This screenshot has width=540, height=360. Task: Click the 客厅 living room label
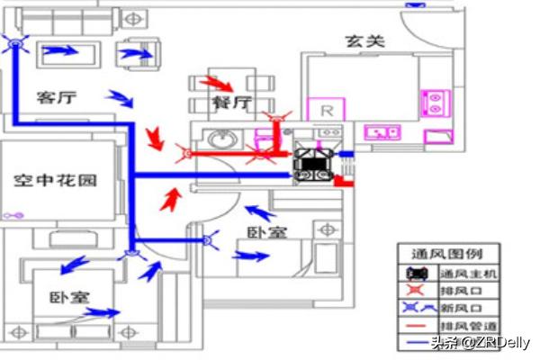(x=55, y=97)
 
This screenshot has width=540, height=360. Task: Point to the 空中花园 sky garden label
(x=55, y=180)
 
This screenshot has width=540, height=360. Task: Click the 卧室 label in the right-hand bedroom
(x=267, y=232)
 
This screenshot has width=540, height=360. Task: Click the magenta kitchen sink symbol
(x=382, y=132)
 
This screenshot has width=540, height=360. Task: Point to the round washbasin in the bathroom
(x=219, y=139)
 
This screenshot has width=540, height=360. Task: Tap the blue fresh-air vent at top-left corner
(x=14, y=44)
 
